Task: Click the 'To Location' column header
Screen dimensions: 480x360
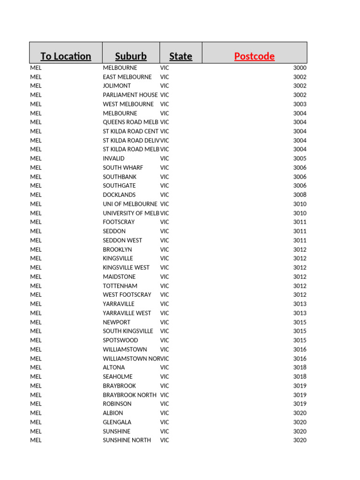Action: tap(66, 56)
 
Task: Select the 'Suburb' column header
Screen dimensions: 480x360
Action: tap(131, 56)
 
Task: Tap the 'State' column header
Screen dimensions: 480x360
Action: tap(180, 56)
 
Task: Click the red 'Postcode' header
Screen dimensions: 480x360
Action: tap(254, 56)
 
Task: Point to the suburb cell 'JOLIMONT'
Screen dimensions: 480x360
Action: tap(117, 86)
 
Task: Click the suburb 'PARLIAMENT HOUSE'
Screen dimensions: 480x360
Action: tap(130, 95)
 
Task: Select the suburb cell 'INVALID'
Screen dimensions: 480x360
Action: tap(113, 158)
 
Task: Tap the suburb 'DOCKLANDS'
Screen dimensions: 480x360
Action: tap(119, 195)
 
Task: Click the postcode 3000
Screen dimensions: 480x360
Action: tap(300, 67)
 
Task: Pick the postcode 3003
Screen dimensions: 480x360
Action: tap(300, 104)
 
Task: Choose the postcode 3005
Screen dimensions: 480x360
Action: tap(300, 158)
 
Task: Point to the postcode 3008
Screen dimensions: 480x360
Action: tap(300, 195)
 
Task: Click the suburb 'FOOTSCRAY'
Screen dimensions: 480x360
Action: tap(119, 222)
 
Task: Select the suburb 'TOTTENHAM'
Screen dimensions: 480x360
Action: tap(120, 285)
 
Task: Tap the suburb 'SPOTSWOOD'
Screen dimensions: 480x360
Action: tap(120, 340)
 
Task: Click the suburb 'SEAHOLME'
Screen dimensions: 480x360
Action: tap(118, 376)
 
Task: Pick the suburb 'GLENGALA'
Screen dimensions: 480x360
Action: tap(117, 422)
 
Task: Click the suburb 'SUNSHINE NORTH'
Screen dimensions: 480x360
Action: tap(127, 440)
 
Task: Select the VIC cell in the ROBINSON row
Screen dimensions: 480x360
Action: tap(165, 404)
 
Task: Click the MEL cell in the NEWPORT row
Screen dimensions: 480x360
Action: tap(36, 322)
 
